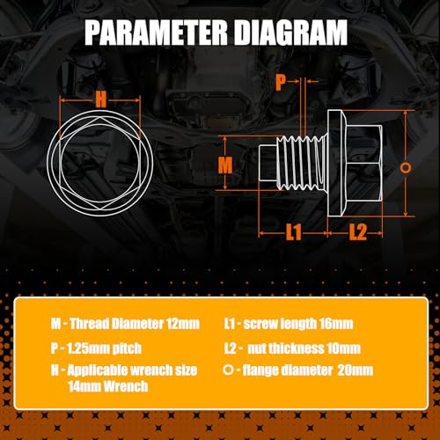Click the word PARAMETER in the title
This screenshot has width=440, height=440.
(157, 33)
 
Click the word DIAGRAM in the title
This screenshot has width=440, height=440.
(291, 33)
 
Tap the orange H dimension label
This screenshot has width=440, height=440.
(100, 99)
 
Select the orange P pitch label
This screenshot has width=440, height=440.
(280, 83)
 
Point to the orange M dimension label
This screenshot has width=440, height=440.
(225, 165)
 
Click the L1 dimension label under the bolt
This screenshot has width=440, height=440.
(294, 232)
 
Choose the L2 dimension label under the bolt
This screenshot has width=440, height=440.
(358, 232)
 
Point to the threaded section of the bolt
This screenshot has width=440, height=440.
(302, 163)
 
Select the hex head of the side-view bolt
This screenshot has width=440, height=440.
(364, 163)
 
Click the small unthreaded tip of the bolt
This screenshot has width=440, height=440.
(268, 163)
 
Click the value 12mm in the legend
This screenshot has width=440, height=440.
(183, 324)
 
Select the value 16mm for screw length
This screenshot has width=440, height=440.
(336, 324)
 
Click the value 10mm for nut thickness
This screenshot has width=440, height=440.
(343, 348)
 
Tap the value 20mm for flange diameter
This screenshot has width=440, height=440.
(356, 370)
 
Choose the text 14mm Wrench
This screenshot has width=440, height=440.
(108, 386)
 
